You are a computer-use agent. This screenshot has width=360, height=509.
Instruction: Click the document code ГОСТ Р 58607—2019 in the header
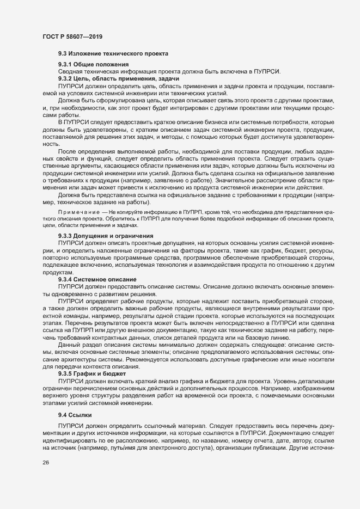coord(71,36)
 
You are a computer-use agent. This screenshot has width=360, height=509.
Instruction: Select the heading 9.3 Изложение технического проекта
coord(113,53)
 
